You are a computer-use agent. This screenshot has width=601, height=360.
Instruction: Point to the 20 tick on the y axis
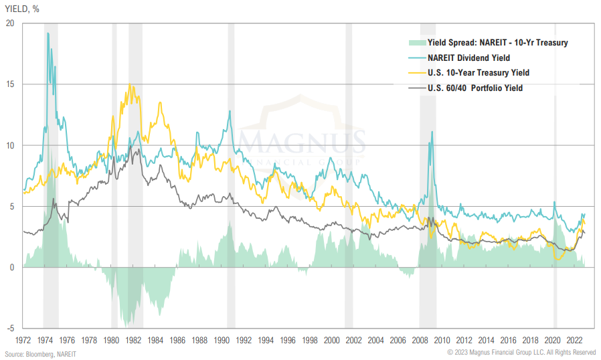point(9,23)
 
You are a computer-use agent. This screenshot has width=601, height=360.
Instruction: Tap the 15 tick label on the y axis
point(9,84)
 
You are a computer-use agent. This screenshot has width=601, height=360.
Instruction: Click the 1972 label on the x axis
point(23,339)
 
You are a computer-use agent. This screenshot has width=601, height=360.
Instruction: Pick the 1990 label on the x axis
point(221,339)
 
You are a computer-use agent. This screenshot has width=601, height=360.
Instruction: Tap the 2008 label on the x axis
point(420,339)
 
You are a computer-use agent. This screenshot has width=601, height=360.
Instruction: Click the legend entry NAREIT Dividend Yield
point(468,58)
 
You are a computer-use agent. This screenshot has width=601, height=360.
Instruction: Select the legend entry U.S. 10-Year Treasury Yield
point(479,72)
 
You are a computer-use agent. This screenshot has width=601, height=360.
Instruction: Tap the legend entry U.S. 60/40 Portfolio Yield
point(475,88)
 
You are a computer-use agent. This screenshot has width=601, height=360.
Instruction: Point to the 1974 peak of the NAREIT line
point(48,33)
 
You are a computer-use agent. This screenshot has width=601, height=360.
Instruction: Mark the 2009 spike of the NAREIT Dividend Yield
point(432,132)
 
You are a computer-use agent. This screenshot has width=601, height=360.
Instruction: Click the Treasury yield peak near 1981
point(129,86)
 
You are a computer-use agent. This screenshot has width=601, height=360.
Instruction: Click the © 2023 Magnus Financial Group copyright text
point(521,353)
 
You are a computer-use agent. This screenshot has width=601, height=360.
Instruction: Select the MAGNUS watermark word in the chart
point(303,143)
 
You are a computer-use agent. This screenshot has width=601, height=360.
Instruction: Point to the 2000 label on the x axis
point(331,339)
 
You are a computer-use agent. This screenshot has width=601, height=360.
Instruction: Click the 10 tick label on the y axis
point(9,145)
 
